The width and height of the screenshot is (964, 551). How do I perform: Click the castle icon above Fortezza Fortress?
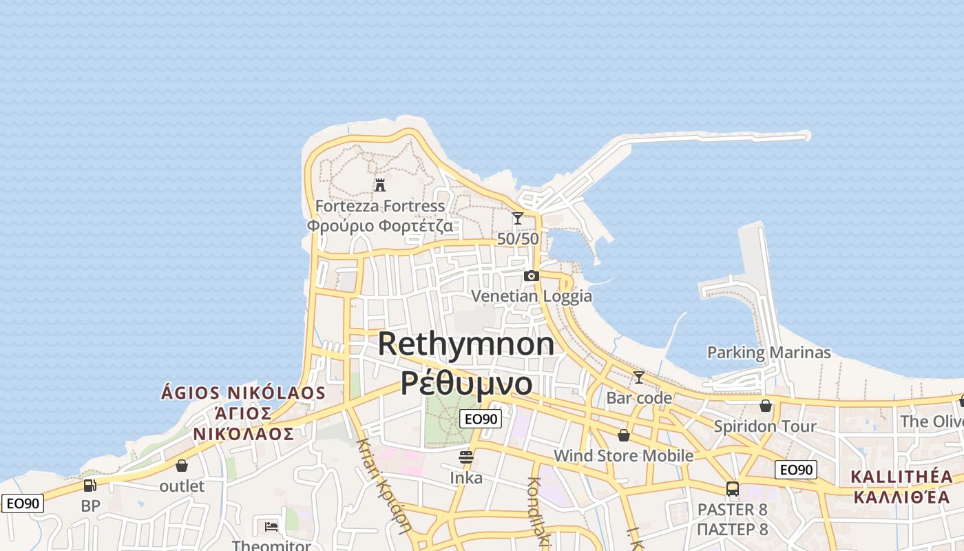coord(379,185)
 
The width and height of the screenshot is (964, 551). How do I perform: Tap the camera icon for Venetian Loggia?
coord(531,276)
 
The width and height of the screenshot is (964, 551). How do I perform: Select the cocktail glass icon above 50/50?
coord(518,218)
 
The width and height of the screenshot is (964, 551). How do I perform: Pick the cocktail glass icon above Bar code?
coord(639,377)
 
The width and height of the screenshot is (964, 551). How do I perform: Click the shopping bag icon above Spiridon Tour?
coord(765,406)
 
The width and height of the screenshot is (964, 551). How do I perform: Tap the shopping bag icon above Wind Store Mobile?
coord(623,435)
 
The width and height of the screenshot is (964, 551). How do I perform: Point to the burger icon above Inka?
coord(466,457)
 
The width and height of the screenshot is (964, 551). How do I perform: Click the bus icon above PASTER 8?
coord(732,489)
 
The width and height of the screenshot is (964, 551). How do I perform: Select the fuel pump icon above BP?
coord(90,486)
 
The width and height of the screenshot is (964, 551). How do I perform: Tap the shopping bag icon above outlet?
coord(182,466)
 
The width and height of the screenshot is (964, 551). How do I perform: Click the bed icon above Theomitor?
coord(271,527)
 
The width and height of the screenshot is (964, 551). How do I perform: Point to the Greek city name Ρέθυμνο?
coord(466,383)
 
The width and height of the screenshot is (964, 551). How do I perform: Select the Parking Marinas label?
coord(768,353)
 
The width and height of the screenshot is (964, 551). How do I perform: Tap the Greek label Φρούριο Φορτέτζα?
coord(379,226)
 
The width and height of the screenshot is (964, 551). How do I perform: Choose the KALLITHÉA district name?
coord(901,477)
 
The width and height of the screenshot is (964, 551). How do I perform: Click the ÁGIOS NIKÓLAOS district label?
coord(243,393)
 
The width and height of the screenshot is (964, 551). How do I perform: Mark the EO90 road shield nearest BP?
coord(22,503)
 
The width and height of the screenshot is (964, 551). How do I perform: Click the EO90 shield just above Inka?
coord(481,418)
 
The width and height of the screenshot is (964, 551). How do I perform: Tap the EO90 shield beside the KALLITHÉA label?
coord(796,470)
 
